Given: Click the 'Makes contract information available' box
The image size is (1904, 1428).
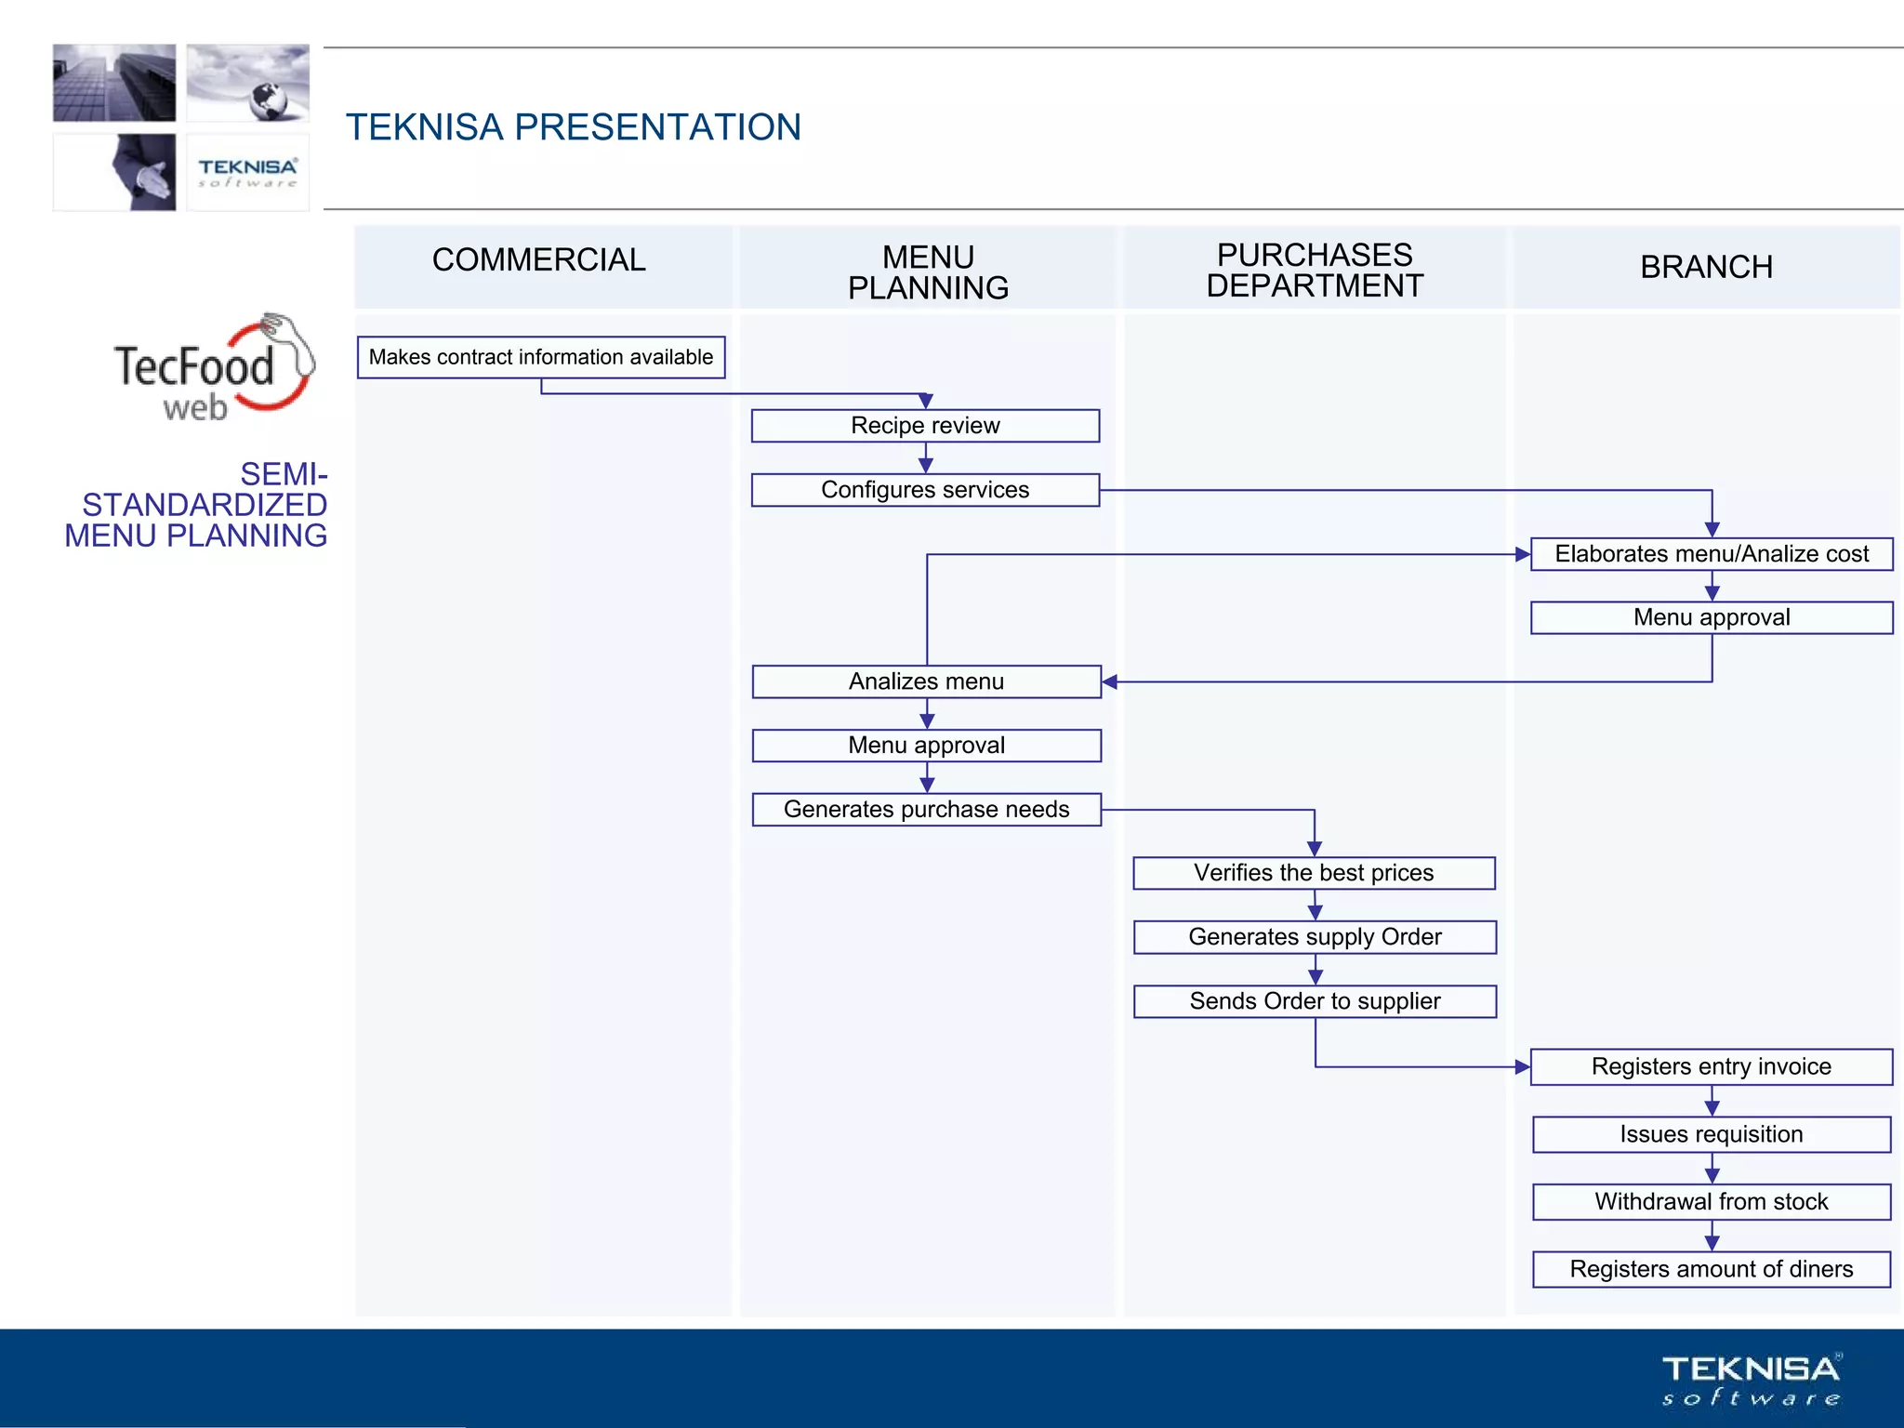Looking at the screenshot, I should tap(540, 357).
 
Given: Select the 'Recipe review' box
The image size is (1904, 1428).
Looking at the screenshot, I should tap(925, 426).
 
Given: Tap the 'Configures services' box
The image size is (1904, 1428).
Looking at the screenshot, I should tap(925, 490).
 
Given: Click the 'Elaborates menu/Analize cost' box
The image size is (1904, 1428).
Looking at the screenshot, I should tap(1712, 554).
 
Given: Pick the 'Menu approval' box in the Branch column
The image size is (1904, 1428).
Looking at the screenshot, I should tap(1712, 617).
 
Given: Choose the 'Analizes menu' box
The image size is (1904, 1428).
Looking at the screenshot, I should tap(926, 681).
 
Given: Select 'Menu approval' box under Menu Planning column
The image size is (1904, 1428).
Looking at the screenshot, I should tap(926, 746).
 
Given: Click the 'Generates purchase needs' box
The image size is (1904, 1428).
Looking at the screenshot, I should tap(926, 810).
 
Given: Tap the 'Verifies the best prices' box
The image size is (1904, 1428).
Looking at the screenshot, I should tap(1314, 873).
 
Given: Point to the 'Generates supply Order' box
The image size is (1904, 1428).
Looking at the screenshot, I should tap(1315, 937).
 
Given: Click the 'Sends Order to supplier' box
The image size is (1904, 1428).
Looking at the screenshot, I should tap(1315, 1001).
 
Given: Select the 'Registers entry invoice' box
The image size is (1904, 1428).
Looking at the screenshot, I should tap(1711, 1066).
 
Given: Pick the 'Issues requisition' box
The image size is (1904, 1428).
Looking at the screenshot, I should tap(1711, 1134).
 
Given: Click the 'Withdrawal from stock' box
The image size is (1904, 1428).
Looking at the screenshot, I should tap(1711, 1202).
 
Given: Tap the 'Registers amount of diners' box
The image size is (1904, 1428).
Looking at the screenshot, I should tap(1711, 1269).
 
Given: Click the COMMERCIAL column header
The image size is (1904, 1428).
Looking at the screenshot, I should tap(539, 260).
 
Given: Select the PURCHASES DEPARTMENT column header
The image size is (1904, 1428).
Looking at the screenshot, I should tap(1315, 271).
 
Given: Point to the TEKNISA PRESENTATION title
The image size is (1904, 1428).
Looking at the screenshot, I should tap(574, 127).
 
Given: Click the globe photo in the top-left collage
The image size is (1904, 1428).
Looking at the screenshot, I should tap(248, 83).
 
